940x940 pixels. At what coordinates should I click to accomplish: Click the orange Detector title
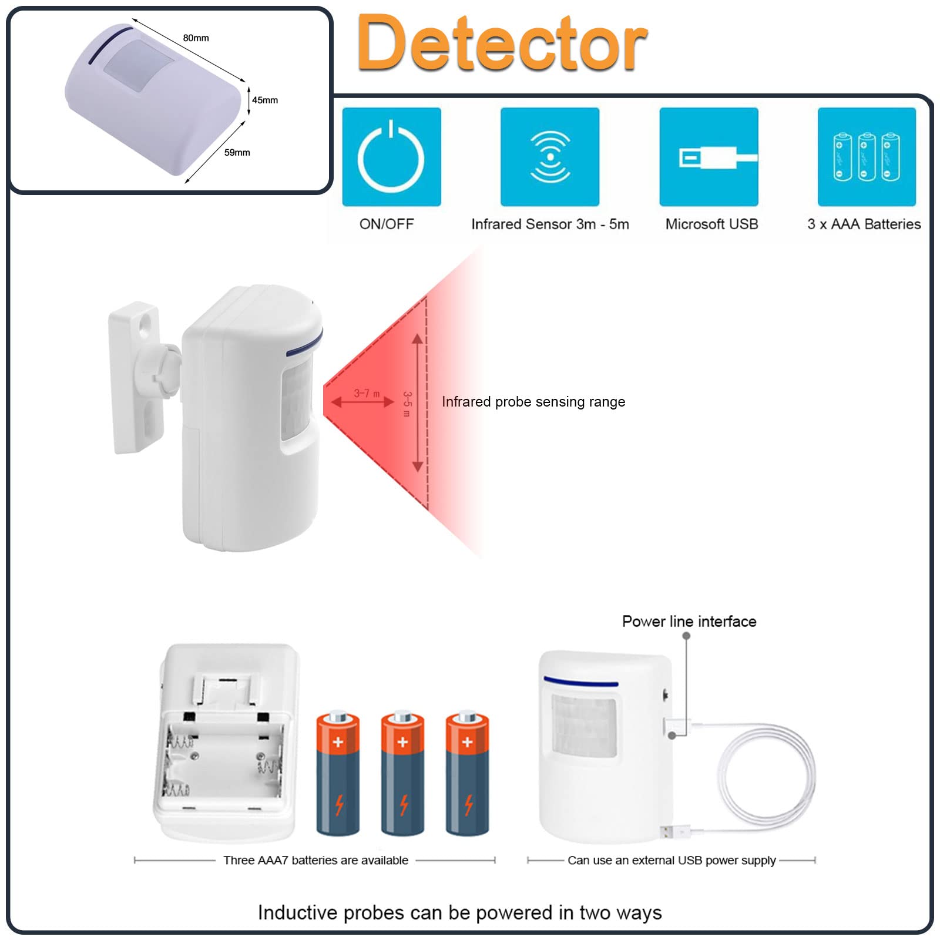tap(502, 44)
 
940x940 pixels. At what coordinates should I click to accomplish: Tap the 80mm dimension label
tap(196, 38)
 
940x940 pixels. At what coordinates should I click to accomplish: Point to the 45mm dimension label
tap(265, 100)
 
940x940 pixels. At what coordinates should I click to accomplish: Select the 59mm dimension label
tap(237, 153)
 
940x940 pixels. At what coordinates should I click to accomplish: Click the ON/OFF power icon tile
tap(391, 157)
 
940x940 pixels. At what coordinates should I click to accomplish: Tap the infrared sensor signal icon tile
tap(550, 157)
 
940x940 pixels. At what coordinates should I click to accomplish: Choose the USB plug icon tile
tap(709, 157)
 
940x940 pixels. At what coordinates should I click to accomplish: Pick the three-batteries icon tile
tap(867, 157)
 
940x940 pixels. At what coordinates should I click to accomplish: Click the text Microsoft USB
tap(711, 224)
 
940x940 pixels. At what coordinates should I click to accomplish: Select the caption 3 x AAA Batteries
tap(864, 224)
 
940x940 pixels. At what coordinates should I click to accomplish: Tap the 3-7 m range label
tap(367, 393)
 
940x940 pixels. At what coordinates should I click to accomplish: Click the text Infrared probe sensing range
tap(533, 402)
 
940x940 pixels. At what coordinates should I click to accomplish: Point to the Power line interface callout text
tap(689, 622)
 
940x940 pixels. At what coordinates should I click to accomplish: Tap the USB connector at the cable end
tap(670, 831)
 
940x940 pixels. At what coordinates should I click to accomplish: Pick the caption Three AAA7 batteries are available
tap(315, 861)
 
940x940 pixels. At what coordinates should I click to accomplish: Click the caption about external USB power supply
tap(672, 861)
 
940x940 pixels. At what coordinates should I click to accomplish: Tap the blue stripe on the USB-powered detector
tap(580, 683)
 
